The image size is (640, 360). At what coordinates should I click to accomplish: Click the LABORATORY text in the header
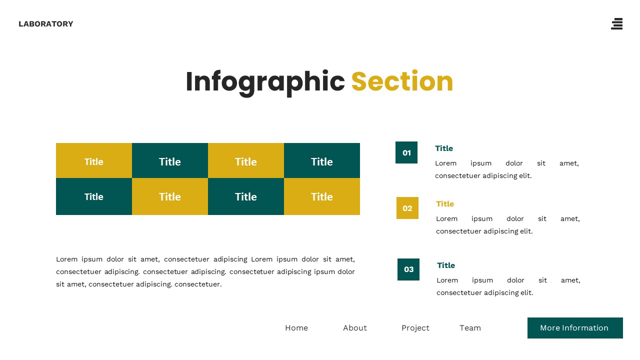tap(45, 24)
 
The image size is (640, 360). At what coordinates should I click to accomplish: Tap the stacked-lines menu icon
tap(617, 24)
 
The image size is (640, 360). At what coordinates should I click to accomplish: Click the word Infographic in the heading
tap(265, 81)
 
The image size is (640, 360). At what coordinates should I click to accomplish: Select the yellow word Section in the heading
tap(402, 81)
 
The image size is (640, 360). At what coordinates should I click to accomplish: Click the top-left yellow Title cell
tap(94, 161)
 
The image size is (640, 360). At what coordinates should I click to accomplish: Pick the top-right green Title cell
tap(322, 161)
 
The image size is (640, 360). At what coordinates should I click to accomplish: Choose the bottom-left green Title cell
tap(94, 196)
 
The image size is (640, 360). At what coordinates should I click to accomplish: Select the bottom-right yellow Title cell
tap(322, 196)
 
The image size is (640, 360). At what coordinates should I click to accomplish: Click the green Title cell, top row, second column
tap(170, 161)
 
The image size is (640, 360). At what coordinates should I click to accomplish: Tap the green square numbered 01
tap(406, 152)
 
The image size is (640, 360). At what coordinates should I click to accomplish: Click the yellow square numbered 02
tap(407, 208)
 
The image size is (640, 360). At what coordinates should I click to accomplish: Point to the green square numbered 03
tap(408, 269)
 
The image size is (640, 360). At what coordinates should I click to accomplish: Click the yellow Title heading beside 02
tap(445, 204)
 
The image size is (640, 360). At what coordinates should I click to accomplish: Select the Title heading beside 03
tap(446, 265)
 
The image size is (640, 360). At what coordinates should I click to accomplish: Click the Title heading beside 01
tap(444, 148)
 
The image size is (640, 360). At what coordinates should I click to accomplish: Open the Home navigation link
tap(296, 328)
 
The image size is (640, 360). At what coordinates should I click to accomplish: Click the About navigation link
tap(355, 328)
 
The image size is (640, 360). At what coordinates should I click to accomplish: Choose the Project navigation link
tap(415, 328)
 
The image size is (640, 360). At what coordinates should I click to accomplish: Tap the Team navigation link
tap(470, 328)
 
